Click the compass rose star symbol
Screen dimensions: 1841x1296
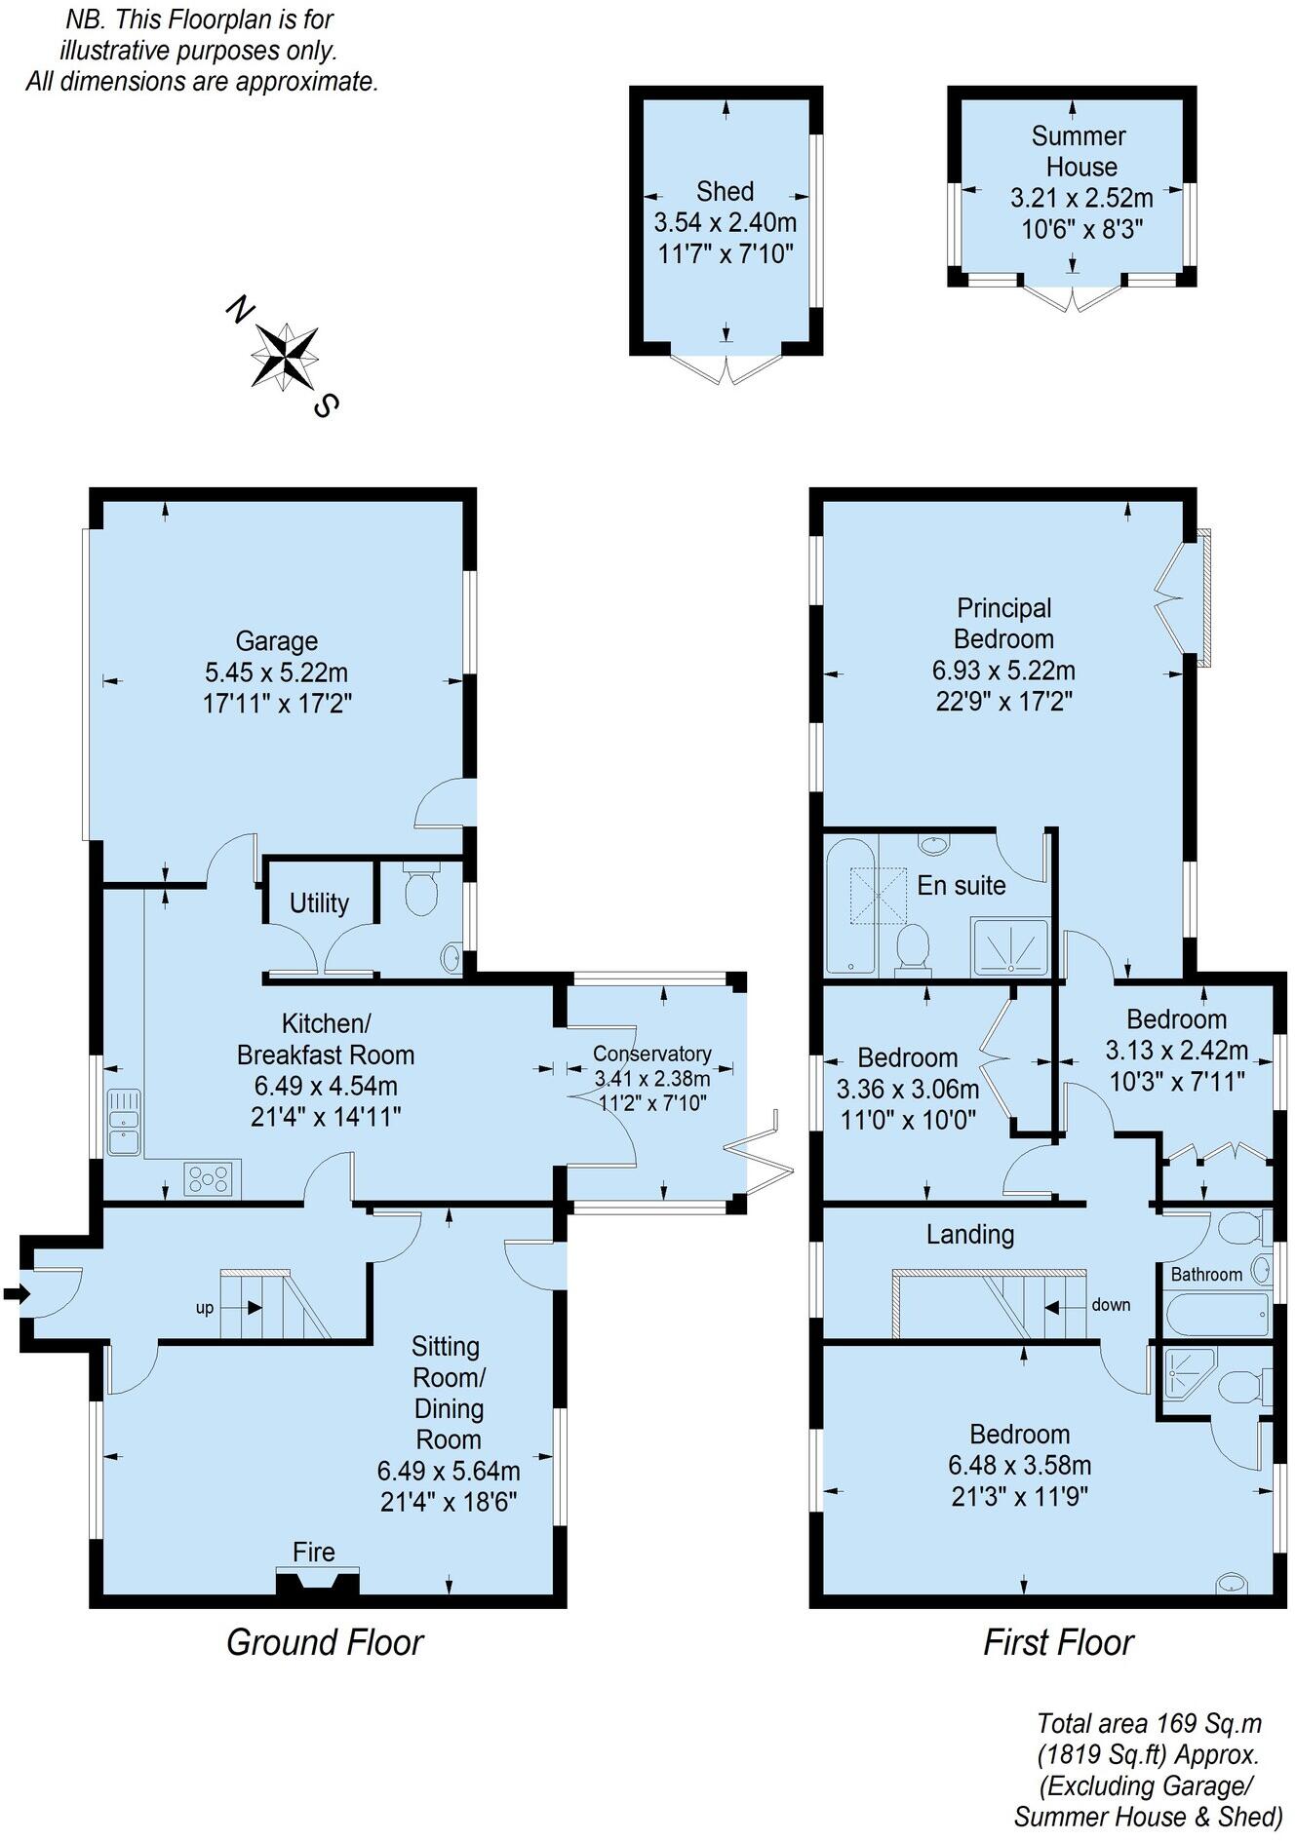285,357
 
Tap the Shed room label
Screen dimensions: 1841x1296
725,191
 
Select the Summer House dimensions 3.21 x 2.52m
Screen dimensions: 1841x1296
1081,199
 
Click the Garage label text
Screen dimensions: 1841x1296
277,641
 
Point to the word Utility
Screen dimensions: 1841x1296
319,903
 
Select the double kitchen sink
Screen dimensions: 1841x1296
125,1121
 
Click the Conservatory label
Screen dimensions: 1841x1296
651,1054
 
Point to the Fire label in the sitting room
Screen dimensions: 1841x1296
314,1552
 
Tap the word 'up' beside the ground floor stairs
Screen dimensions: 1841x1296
205,1308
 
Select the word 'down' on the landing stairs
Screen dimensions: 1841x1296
1111,1305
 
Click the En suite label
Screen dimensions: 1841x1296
961,886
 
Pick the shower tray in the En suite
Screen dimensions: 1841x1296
1010,947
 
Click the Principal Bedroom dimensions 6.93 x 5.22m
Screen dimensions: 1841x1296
1003,671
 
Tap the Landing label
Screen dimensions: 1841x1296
969,1235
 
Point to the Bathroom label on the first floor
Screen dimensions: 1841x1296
1206,1275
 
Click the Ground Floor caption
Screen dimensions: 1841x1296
325,1642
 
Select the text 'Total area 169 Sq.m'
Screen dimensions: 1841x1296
1149,1723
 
